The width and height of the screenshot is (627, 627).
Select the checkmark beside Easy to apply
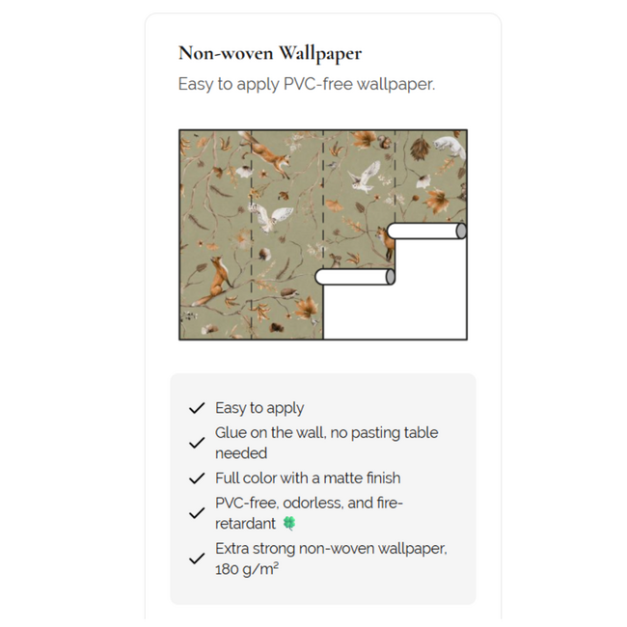point(197,408)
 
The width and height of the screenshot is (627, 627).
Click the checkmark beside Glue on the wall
point(197,443)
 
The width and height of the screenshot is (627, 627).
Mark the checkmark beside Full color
point(197,478)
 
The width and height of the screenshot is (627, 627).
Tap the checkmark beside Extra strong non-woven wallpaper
point(197,559)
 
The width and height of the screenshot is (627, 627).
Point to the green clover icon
point(289,524)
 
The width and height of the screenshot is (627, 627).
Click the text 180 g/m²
point(247,569)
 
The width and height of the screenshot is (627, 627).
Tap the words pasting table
point(398,433)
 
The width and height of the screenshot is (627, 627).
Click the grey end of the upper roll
point(461,232)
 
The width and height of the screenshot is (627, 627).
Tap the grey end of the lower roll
point(390,277)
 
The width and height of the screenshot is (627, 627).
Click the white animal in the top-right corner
point(450,146)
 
